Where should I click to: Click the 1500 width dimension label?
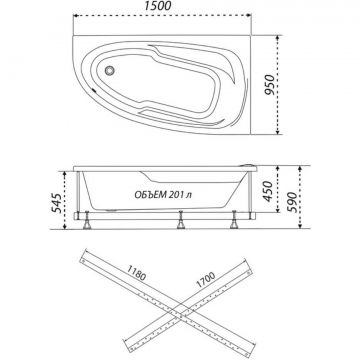pos(158,6)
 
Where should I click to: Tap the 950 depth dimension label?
pos(270,85)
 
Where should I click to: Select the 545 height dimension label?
pos(56,203)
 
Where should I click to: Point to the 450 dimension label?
pos(268,191)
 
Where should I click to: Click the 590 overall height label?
pos(292,202)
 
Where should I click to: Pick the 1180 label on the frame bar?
pos(136,273)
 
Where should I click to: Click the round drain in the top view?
pos(109,70)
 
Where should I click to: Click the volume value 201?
pos(175,195)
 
